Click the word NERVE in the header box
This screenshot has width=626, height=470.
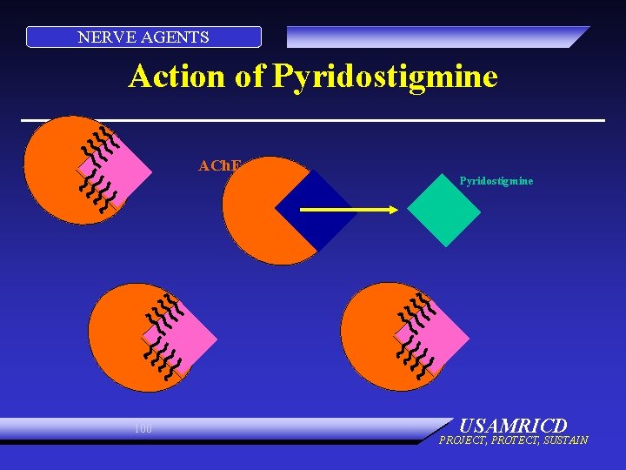(x=99, y=37)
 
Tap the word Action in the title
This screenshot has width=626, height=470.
(x=177, y=77)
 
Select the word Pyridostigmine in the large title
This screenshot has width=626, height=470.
(x=385, y=77)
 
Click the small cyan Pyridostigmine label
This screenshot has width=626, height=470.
(x=496, y=181)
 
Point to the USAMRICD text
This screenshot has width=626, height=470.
(x=512, y=426)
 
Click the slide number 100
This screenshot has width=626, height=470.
(x=143, y=428)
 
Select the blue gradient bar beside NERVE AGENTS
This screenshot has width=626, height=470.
(x=435, y=37)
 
